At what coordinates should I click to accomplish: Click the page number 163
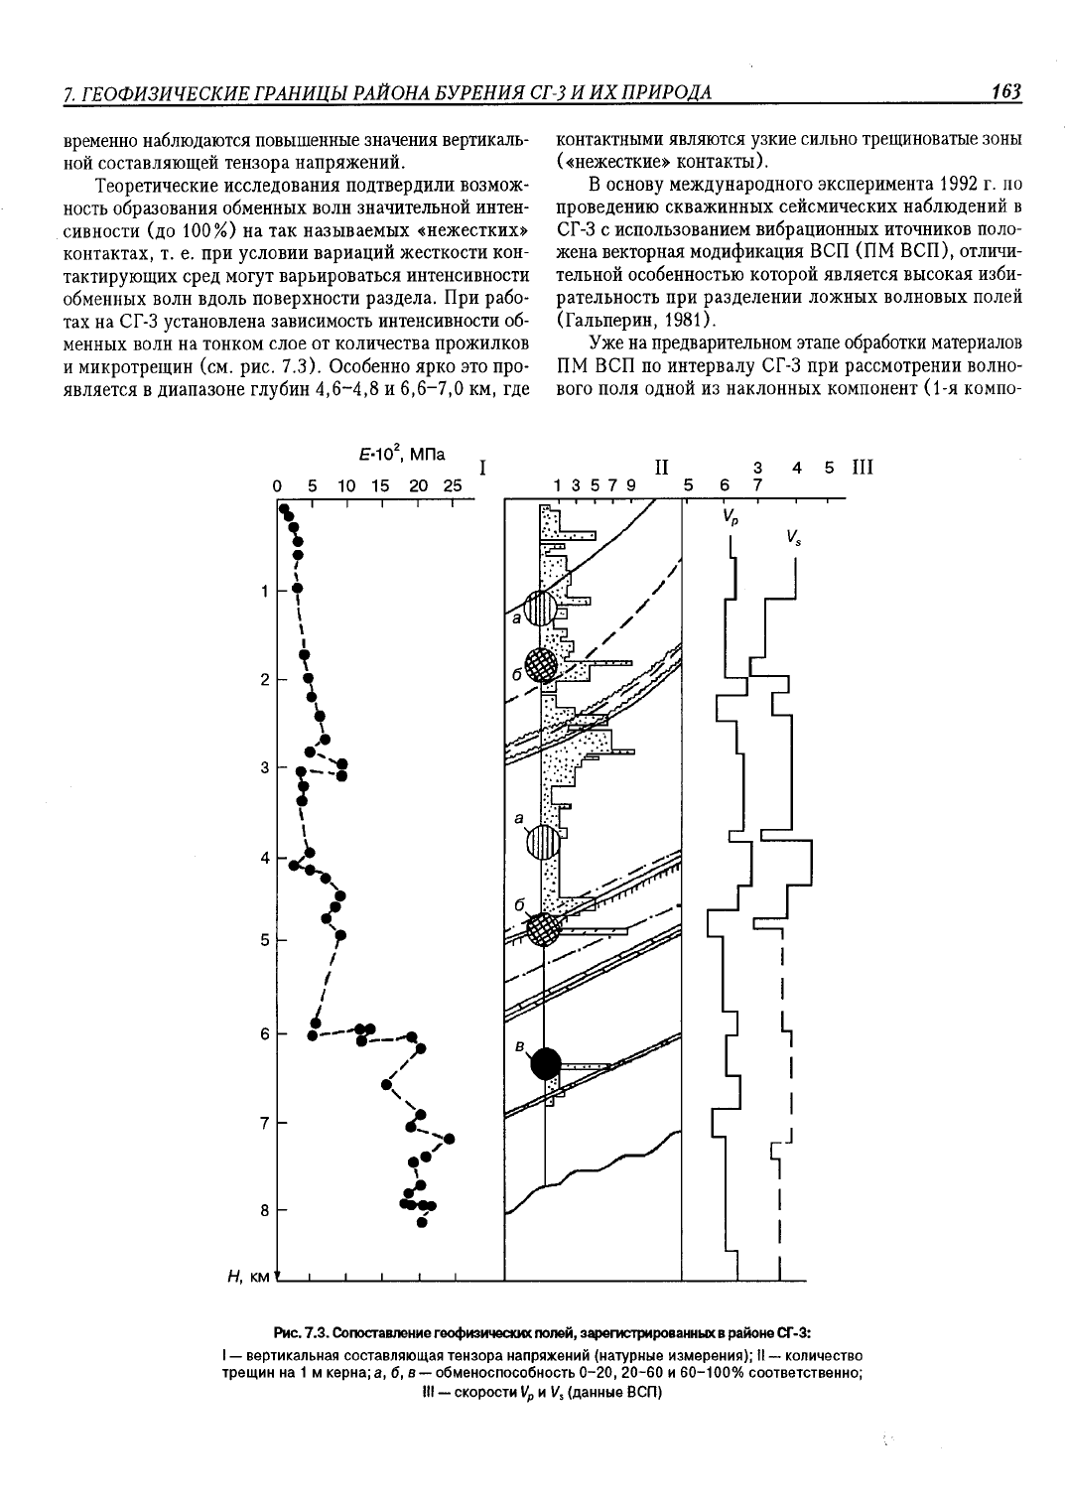pyautogui.click(x=1006, y=91)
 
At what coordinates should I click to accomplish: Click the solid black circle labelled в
pyautogui.click(x=546, y=1063)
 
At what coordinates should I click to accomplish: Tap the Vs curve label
pyautogui.click(x=793, y=537)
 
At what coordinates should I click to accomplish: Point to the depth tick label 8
pyautogui.click(x=265, y=1210)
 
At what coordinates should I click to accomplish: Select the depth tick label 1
pyautogui.click(x=265, y=591)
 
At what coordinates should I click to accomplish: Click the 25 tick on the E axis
pyautogui.click(x=453, y=485)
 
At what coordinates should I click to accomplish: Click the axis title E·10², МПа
pyautogui.click(x=402, y=455)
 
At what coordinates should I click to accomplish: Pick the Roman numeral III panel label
pyautogui.click(x=863, y=467)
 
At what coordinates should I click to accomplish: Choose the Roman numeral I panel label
pyautogui.click(x=482, y=469)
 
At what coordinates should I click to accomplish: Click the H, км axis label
pyautogui.click(x=248, y=1277)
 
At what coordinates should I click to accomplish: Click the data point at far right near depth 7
pyautogui.click(x=450, y=1139)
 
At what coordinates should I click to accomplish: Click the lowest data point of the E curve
pyautogui.click(x=422, y=1222)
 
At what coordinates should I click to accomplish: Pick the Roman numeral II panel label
pyautogui.click(x=662, y=467)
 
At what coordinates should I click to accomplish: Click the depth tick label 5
pyautogui.click(x=265, y=941)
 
